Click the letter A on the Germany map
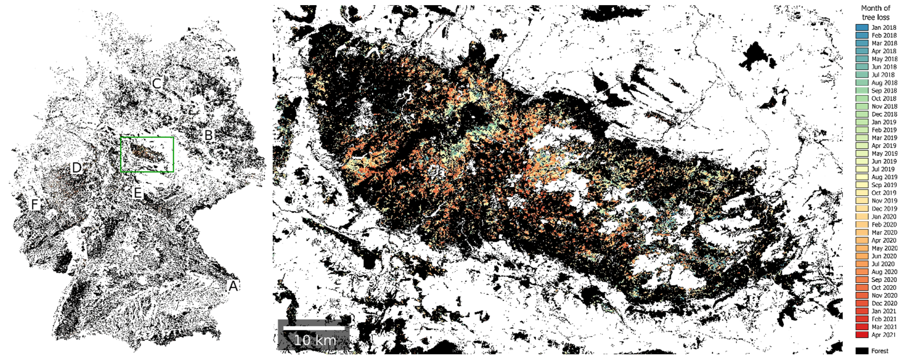pyautogui.click(x=233, y=286)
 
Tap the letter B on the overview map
pyautogui.click(x=209, y=135)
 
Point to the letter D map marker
pyautogui.click(x=76, y=168)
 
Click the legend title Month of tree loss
pyautogui.click(x=875, y=13)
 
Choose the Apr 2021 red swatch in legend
pyautogui.click(x=862, y=335)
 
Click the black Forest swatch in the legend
pyautogui.click(x=862, y=351)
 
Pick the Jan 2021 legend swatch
pyautogui.click(x=862, y=311)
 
